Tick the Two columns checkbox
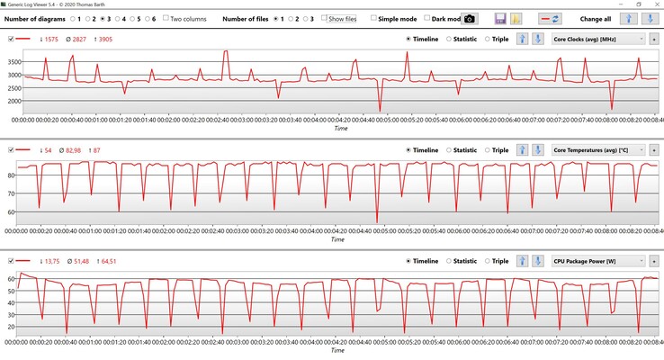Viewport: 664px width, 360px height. (x=166, y=18)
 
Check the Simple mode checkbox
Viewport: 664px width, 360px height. (x=374, y=18)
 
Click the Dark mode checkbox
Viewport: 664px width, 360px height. (x=427, y=18)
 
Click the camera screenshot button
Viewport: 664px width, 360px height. (x=470, y=18)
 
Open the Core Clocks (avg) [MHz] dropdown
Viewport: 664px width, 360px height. (x=598, y=39)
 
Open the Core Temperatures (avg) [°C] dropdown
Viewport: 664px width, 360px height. (x=598, y=149)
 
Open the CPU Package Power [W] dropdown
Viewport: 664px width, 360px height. (x=598, y=261)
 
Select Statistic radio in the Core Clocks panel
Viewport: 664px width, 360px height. (x=450, y=39)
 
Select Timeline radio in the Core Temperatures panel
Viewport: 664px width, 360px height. (x=409, y=149)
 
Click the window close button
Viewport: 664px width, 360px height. (x=652, y=4)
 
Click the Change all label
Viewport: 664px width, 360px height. (x=595, y=18)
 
